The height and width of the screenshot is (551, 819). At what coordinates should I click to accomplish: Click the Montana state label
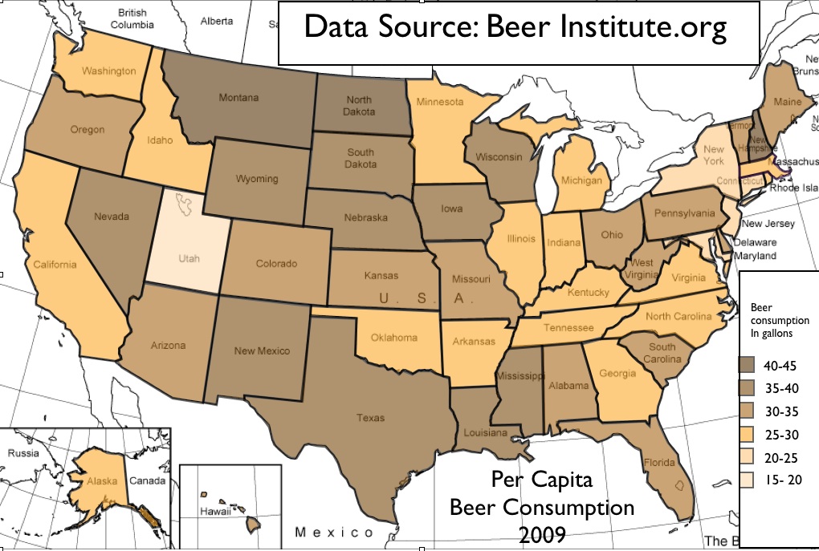tap(239, 98)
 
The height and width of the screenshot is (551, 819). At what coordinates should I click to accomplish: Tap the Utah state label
tap(189, 259)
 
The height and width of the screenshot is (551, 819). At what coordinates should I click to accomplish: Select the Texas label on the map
tap(371, 418)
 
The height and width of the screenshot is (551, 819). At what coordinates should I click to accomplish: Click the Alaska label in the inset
tap(102, 482)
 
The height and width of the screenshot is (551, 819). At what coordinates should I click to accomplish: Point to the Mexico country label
tap(334, 533)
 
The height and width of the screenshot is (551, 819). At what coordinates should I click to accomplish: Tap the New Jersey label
tap(768, 224)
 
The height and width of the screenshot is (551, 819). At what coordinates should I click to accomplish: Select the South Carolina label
tap(662, 353)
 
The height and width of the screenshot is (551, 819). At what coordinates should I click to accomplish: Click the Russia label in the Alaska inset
tap(22, 453)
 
